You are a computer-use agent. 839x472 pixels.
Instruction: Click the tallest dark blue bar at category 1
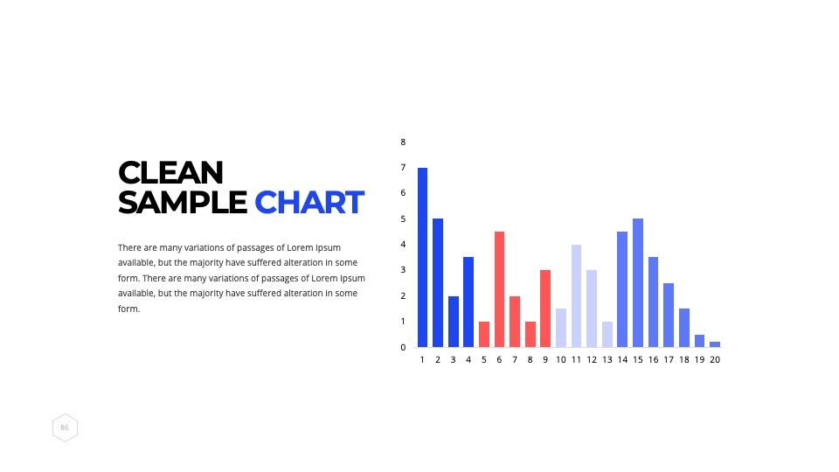[422, 257]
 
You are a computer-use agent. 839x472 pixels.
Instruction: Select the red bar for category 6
[499, 289]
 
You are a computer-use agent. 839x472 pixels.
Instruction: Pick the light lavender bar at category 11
[576, 296]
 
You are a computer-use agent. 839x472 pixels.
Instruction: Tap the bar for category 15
[638, 283]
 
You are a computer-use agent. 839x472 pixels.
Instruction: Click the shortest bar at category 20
[715, 344]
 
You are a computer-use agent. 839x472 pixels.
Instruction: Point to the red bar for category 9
[545, 309]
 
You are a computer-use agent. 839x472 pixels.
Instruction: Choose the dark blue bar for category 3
[454, 322]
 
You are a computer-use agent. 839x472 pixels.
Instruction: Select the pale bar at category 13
[607, 335]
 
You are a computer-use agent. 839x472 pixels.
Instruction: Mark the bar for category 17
[669, 316]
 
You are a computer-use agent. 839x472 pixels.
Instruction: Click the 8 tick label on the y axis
[403, 142]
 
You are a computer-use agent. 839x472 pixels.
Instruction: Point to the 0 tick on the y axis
[403, 347]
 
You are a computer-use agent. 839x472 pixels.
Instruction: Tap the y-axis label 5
[403, 219]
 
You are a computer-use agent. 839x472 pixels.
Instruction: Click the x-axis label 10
[561, 359]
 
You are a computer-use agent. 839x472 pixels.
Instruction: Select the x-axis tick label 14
[622, 359]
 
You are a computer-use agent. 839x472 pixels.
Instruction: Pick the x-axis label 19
[699, 359]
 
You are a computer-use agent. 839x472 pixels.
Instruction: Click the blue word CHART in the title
[309, 203]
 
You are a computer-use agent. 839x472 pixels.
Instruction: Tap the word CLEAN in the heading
[170, 173]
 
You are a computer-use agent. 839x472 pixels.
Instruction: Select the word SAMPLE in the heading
[183, 203]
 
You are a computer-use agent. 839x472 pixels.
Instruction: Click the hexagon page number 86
[65, 427]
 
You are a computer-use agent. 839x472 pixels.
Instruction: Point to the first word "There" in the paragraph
[129, 247]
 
